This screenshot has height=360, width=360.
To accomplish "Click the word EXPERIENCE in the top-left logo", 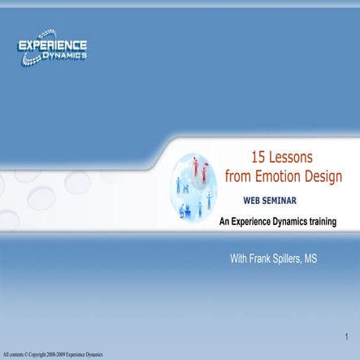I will [x=53, y=46].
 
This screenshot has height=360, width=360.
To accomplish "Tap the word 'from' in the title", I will [x=240, y=176].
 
